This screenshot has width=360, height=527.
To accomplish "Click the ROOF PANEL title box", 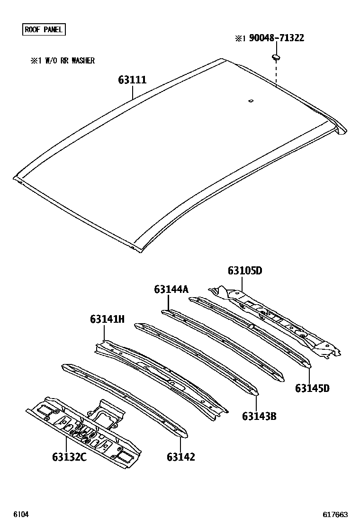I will click(44, 29).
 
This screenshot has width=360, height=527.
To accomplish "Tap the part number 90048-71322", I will click(270, 38).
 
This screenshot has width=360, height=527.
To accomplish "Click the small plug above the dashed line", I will click(276, 58).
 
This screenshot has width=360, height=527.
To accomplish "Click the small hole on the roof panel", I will click(251, 100).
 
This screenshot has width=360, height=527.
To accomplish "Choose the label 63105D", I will click(244, 271).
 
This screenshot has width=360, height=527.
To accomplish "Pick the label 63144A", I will click(171, 289).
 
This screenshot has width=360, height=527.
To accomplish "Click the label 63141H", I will click(107, 319).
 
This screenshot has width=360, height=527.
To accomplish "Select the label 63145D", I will click(312, 389).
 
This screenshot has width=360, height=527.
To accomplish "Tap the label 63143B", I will click(259, 417).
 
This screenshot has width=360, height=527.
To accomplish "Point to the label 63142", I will click(180, 457).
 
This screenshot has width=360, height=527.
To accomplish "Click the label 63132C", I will click(69, 457).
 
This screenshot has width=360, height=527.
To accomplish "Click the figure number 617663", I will click(335, 515).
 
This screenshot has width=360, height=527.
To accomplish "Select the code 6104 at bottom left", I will click(20, 515).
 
